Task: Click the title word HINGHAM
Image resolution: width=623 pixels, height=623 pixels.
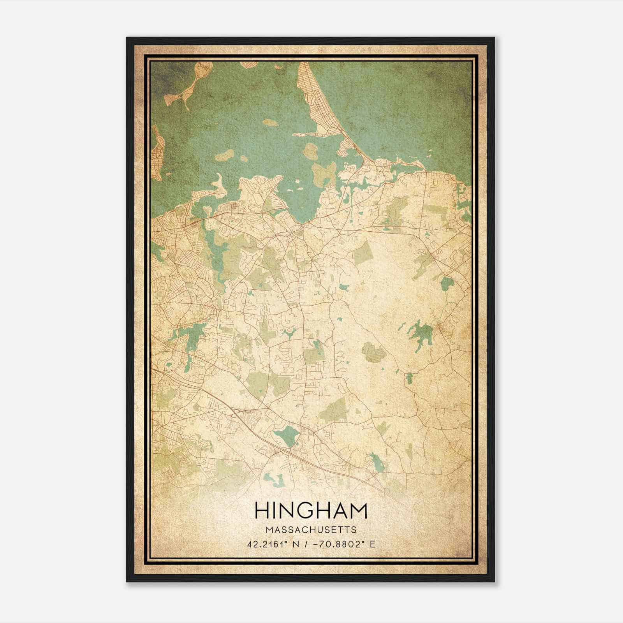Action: (x=311, y=511)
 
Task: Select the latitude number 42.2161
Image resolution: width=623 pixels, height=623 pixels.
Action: (x=264, y=544)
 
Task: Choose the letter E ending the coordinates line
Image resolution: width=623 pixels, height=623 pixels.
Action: (x=373, y=544)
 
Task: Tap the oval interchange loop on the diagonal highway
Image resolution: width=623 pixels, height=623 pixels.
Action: (x=236, y=415)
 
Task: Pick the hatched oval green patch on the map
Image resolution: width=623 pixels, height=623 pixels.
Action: (x=374, y=352)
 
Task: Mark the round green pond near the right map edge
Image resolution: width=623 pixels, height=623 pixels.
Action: (x=447, y=283)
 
